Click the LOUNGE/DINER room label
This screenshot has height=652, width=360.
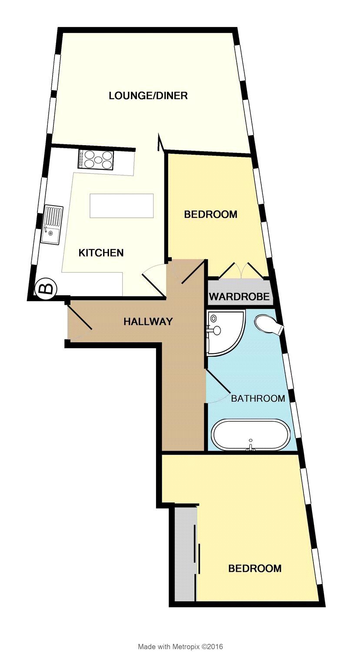tap(148, 96)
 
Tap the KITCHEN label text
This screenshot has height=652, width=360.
tap(101, 253)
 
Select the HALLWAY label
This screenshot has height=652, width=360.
tap(148, 321)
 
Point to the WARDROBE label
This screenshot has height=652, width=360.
tap(239, 296)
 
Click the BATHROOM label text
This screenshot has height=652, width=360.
tap(258, 398)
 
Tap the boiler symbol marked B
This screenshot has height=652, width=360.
tap(46, 288)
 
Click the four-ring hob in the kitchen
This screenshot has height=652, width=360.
tap(96, 159)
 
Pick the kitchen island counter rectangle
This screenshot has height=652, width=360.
tap(122, 206)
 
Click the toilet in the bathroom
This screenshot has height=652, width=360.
tap(268, 325)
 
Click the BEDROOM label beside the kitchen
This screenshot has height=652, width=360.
tap(210, 214)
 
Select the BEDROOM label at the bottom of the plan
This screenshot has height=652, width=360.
tap(255, 568)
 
